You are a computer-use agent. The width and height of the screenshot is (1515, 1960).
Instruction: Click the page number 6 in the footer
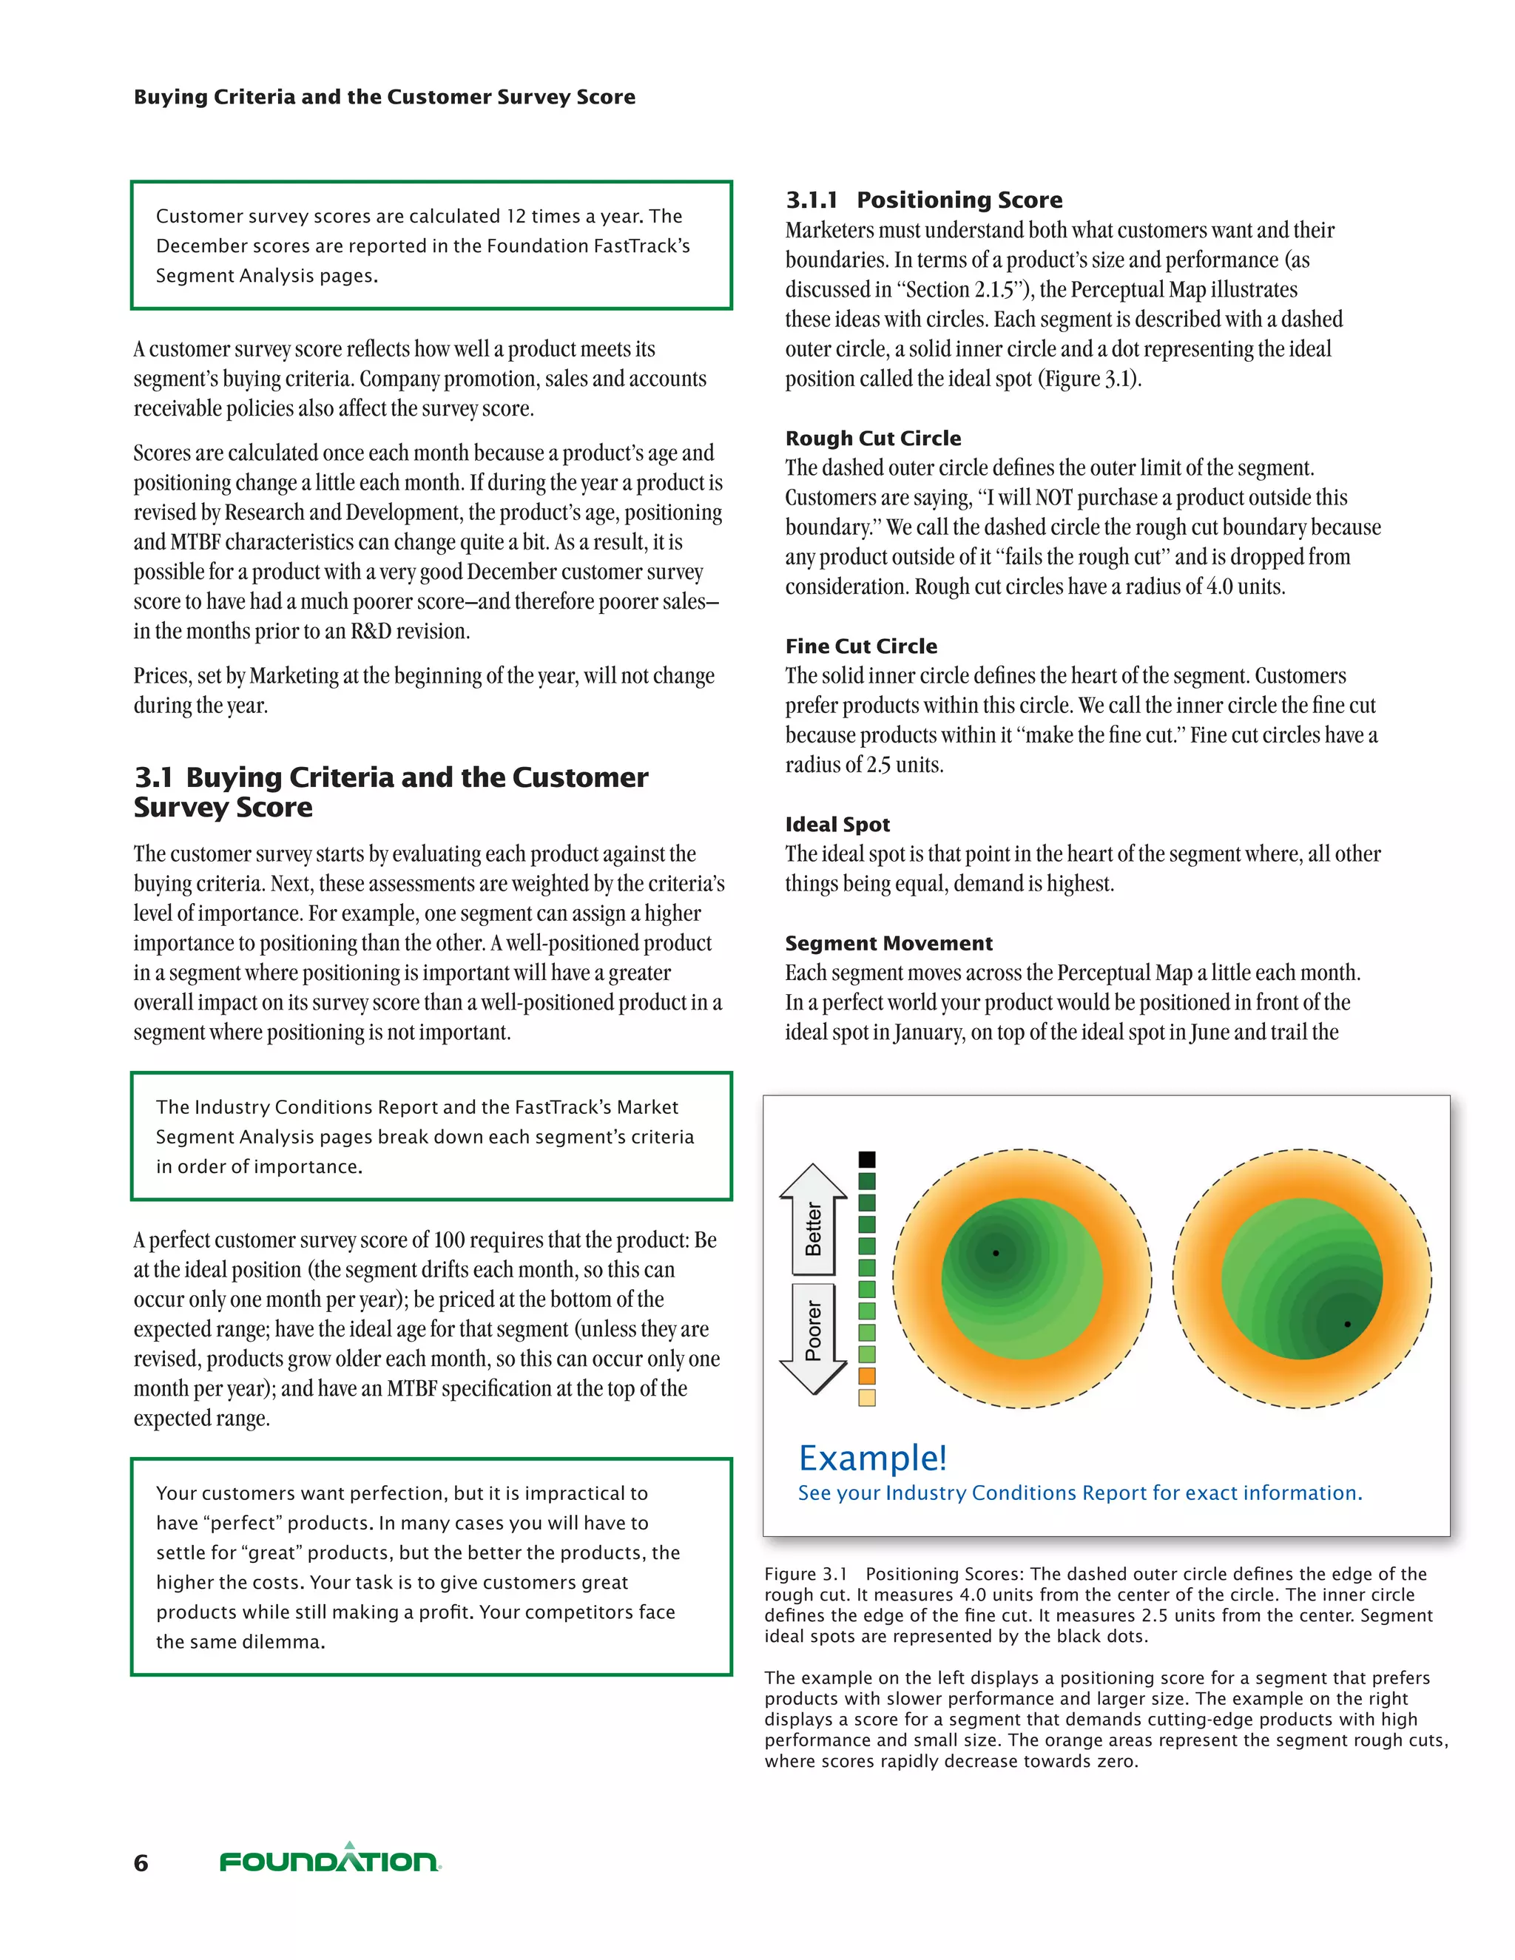click(x=141, y=1863)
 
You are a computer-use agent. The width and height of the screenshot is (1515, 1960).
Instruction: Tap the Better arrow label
click(x=813, y=1228)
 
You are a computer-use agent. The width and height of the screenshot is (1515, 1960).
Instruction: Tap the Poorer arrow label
click(x=813, y=1331)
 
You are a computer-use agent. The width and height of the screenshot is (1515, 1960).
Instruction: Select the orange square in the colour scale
click(x=867, y=1376)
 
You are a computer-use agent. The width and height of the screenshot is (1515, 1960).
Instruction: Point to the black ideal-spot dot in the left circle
click(x=996, y=1253)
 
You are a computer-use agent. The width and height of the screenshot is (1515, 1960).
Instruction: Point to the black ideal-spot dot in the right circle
click(x=1347, y=1324)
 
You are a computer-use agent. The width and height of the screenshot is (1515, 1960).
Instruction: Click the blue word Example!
click(x=872, y=1459)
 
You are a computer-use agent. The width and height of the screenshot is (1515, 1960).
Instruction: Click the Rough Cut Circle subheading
click(x=872, y=438)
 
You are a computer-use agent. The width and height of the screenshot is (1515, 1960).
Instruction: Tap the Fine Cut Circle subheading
click(x=861, y=646)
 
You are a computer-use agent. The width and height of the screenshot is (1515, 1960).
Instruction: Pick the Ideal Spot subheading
click(x=837, y=824)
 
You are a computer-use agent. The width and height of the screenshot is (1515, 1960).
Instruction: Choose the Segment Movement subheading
click(x=888, y=943)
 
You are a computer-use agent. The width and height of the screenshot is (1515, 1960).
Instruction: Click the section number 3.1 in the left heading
click(x=152, y=777)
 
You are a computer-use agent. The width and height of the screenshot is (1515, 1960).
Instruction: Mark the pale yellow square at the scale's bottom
click(x=867, y=1397)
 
